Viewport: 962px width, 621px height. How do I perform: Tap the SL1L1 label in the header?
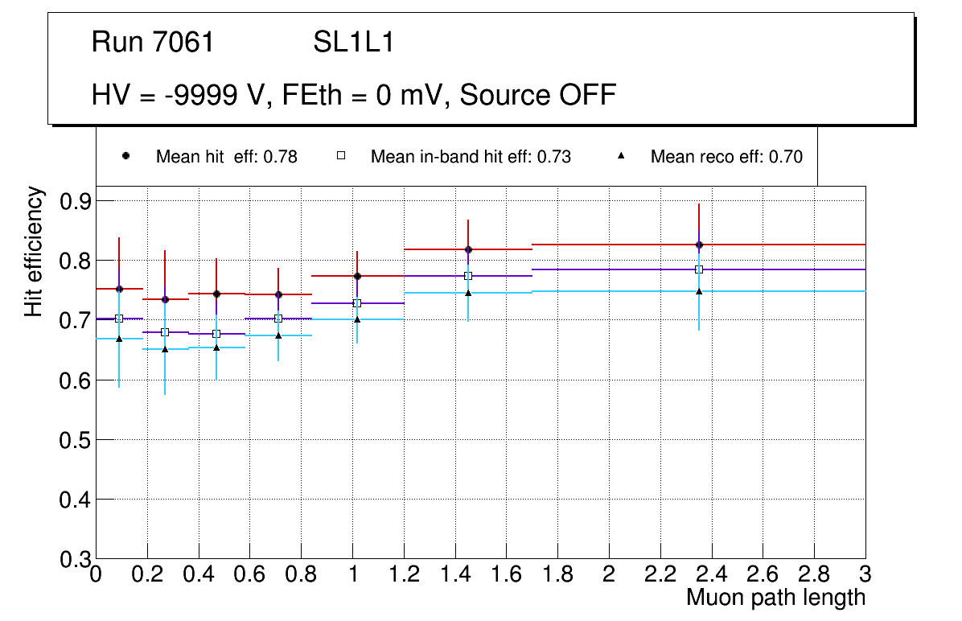click(x=354, y=43)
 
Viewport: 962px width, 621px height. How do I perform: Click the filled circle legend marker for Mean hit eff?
click(x=125, y=156)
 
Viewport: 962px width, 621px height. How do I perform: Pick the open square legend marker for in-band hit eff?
click(x=340, y=156)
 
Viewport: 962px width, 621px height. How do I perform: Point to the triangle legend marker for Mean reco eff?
click(x=621, y=156)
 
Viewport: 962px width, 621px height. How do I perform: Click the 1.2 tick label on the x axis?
click(x=403, y=575)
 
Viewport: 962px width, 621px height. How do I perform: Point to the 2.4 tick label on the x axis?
click(x=711, y=575)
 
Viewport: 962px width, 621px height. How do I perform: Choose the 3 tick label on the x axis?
click(x=865, y=575)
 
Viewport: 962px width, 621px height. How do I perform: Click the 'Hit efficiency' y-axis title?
click(x=34, y=251)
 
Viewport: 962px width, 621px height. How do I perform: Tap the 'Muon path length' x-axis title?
click(x=775, y=598)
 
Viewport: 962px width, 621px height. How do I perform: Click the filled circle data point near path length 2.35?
click(x=699, y=245)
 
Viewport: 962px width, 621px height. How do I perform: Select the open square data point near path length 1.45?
click(x=468, y=276)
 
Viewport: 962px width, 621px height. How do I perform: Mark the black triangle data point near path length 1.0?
click(x=357, y=319)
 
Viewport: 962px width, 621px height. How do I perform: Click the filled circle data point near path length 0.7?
click(x=278, y=294)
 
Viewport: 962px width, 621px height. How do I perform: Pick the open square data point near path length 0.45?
click(x=216, y=334)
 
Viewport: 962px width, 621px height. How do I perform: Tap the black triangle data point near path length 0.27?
click(x=165, y=349)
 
